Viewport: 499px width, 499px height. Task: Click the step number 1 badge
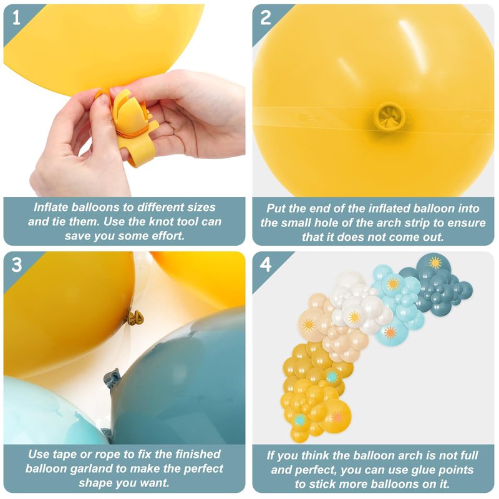pyautogui.click(x=16, y=18)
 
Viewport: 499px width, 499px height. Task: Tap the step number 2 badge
pyautogui.click(x=266, y=18)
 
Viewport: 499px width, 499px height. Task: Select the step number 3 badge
pyautogui.click(x=16, y=264)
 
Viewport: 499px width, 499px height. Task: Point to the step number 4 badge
pyautogui.click(x=266, y=264)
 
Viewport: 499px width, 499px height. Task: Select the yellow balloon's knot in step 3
pyautogui.click(x=135, y=317)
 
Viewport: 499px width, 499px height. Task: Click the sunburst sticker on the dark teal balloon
pyautogui.click(x=435, y=263)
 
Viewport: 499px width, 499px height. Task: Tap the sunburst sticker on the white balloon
pyautogui.click(x=354, y=317)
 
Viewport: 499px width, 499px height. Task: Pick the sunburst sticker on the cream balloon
pyautogui.click(x=309, y=324)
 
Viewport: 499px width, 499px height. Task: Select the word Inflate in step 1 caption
pyautogui.click(x=51, y=207)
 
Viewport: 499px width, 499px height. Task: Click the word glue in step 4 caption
pyautogui.click(x=424, y=470)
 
